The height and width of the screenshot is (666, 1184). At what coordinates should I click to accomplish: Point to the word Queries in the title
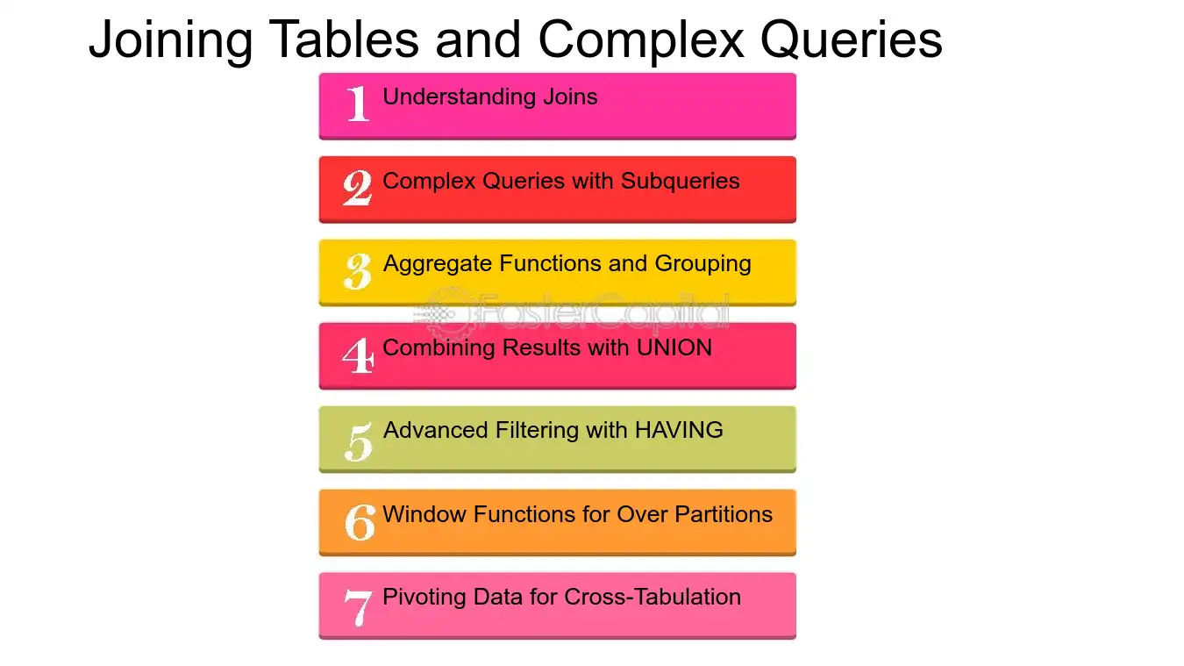[x=851, y=40]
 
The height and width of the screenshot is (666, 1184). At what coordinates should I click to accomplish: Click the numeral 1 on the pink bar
[x=358, y=104]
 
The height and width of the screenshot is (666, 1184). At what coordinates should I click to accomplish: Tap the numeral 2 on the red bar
[x=357, y=187]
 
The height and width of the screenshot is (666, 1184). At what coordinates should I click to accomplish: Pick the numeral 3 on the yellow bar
[x=358, y=271]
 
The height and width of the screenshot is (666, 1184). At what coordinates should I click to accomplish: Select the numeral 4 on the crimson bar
[x=358, y=355]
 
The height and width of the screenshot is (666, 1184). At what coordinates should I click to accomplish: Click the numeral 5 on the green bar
[x=359, y=441]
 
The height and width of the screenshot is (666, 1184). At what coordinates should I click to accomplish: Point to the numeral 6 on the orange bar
[x=360, y=522]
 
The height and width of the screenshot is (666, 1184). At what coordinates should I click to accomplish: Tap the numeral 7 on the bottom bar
[x=358, y=607]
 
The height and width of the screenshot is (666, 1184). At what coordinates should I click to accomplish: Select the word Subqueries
[x=680, y=182]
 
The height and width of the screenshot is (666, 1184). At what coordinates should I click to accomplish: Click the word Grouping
[x=703, y=264]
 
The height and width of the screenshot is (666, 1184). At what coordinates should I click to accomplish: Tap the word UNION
[x=674, y=347]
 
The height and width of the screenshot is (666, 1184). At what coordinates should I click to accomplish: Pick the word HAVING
[x=679, y=430]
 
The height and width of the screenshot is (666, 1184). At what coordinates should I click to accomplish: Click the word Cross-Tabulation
[x=653, y=597]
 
